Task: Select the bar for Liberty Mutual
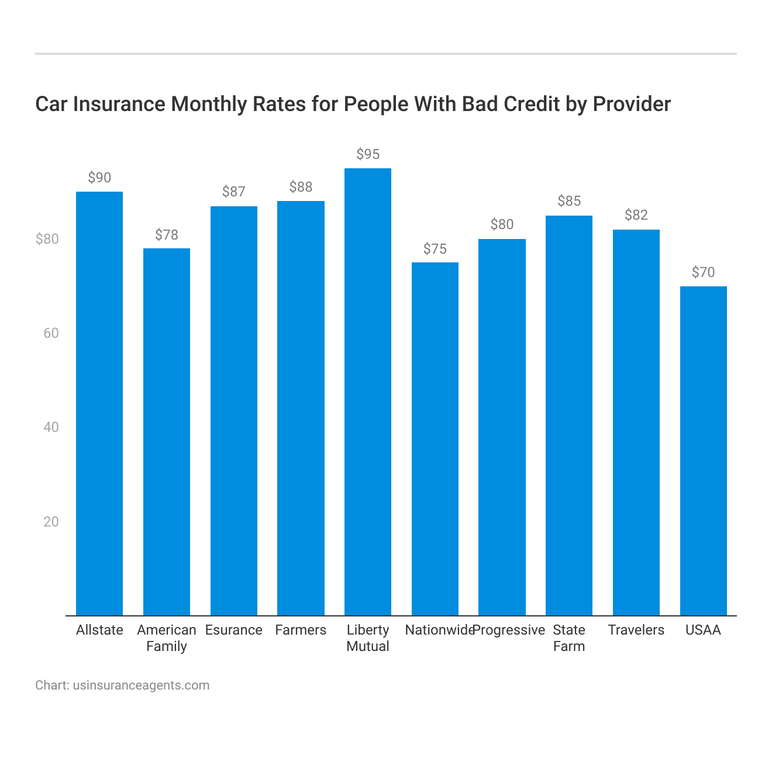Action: click(368, 391)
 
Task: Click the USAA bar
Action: click(703, 451)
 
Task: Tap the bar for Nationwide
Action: click(435, 439)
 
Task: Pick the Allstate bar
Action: click(99, 403)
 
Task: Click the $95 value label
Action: click(368, 154)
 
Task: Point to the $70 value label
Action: click(703, 272)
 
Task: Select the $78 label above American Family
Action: click(167, 235)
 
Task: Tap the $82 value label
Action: click(636, 215)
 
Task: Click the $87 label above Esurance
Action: click(234, 192)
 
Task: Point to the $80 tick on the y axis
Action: click(47, 239)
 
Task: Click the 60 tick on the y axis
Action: click(51, 333)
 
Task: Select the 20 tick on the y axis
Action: click(51, 522)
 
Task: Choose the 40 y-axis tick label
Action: click(51, 427)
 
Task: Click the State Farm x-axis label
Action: click(569, 638)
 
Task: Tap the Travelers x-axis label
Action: click(636, 630)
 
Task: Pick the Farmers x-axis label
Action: click(301, 630)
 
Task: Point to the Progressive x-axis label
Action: click(509, 630)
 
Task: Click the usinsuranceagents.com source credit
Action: click(141, 685)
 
